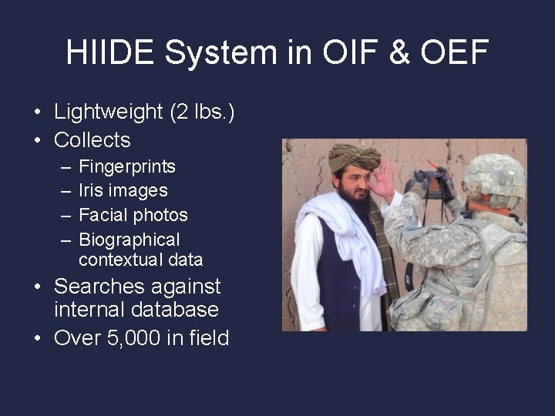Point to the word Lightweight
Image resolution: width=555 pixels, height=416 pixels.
point(109,112)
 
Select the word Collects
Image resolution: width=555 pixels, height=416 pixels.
point(92,140)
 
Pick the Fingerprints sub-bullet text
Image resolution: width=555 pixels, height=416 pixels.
point(127,167)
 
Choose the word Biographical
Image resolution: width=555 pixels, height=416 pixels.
point(129,240)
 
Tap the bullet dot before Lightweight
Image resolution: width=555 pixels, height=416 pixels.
point(37,112)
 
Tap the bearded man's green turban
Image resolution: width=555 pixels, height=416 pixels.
point(354,157)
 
